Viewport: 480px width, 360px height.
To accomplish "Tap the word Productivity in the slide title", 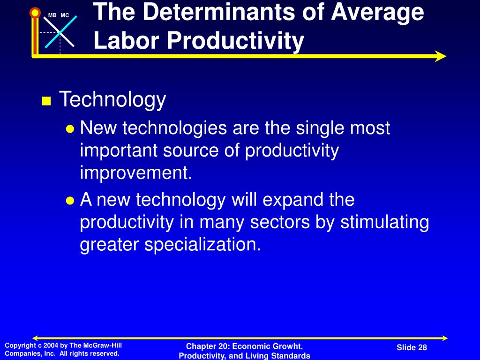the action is coord(235,41).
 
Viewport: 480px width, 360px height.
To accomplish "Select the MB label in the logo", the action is coord(52,15).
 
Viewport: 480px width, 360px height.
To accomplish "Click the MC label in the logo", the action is coord(65,15).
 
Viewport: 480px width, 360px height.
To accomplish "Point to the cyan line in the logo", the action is coord(61,32).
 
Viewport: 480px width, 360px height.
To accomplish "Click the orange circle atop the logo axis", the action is coord(35,13).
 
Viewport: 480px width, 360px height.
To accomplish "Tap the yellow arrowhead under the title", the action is coord(440,56).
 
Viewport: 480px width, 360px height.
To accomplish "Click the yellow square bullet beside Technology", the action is coord(46,101).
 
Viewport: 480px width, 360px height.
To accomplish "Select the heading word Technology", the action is coord(112,100).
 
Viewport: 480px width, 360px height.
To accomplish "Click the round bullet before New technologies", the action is coord(70,129).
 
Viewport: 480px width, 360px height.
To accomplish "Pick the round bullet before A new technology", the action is coord(70,201).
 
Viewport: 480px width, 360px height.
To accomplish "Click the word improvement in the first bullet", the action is coord(136,173).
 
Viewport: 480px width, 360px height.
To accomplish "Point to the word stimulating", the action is coord(384,222).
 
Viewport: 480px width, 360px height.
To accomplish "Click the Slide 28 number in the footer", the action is coord(412,347).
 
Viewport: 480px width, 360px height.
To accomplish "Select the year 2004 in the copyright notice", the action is coord(51,345).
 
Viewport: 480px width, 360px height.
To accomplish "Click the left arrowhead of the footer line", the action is coord(36,338).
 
